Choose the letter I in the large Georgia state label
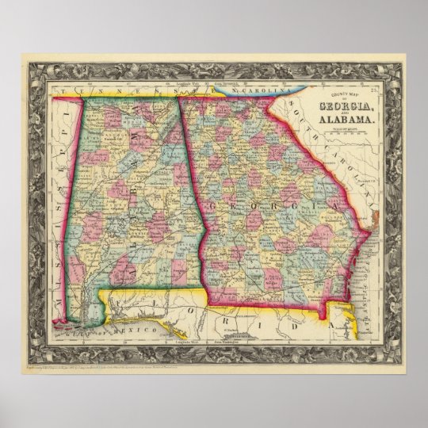tap(291, 205)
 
